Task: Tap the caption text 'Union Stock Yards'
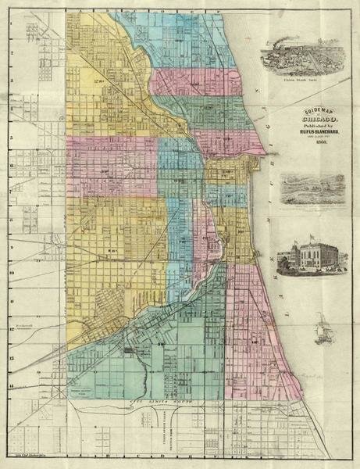[x=301, y=78]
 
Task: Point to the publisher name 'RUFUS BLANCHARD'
[x=301, y=134]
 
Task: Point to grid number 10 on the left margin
[x=10, y=274]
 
